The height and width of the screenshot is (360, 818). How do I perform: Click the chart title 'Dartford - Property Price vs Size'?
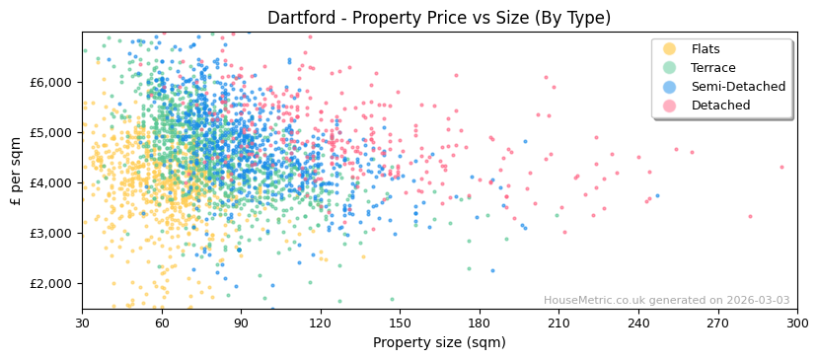[439, 18]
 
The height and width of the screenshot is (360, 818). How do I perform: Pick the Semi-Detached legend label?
[738, 87]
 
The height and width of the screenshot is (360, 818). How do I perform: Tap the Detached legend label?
[720, 106]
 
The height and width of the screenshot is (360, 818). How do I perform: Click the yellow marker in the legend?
[670, 49]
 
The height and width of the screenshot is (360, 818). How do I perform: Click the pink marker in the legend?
[670, 106]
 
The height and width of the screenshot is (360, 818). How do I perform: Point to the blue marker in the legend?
[670, 87]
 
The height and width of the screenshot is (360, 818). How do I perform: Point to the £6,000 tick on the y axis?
[52, 82]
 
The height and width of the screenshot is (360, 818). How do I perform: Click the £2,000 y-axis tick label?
[52, 283]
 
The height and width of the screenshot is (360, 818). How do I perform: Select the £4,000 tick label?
[52, 182]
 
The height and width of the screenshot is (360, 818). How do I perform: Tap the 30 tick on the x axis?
[82, 324]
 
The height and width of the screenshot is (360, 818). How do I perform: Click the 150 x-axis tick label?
[400, 324]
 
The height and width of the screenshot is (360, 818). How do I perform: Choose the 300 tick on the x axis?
[796, 324]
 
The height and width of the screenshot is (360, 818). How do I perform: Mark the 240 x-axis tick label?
[638, 324]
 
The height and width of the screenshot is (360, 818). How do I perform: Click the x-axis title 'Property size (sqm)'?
[439, 343]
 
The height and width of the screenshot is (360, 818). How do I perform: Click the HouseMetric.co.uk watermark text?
[666, 301]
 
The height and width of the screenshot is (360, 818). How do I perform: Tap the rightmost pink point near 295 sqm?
[781, 167]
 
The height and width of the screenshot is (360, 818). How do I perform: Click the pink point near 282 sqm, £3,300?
[750, 216]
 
